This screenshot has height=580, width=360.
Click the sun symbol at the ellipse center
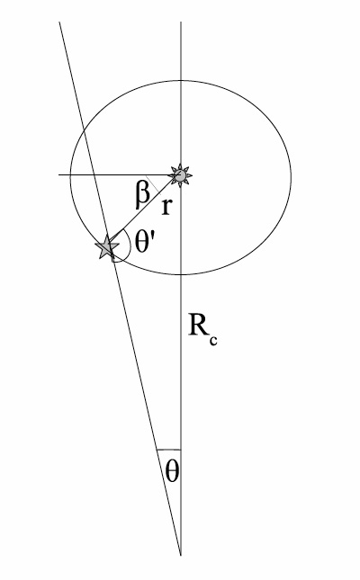click(182, 174)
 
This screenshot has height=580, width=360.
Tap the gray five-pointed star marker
click(110, 247)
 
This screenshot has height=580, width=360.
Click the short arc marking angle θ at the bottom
click(169, 449)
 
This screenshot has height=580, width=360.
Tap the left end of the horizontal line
click(58, 174)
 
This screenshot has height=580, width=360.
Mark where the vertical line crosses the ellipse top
click(182, 85)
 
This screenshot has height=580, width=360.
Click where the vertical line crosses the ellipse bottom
click(182, 272)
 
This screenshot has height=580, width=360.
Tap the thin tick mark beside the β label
click(156, 185)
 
